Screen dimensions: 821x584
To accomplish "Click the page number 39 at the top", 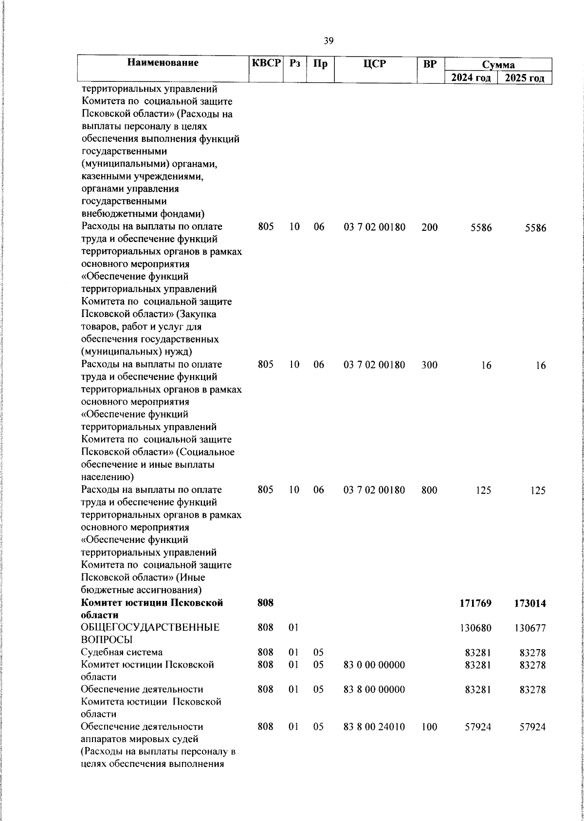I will (x=328, y=41).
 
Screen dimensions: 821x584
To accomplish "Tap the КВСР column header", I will (x=266, y=63).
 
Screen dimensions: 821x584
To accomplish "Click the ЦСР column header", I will (x=374, y=64).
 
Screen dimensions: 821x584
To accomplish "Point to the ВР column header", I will (x=430, y=64).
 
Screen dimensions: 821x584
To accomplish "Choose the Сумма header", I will (x=498, y=65).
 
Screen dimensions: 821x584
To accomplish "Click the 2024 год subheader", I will (x=471, y=78).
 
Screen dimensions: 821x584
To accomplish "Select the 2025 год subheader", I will (x=524, y=78).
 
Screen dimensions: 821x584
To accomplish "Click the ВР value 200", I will (x=429, y=227).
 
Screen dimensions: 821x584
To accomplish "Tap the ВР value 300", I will (x=429, y=365).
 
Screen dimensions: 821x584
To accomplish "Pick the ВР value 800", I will (x=429, y=490).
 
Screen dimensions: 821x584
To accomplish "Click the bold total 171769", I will (x=475, y=603).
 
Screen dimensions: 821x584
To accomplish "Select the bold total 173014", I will (x=529, y=603).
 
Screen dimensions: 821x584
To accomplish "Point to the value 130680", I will (x=476, y=628).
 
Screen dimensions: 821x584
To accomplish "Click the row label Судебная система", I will (x=122, y=652).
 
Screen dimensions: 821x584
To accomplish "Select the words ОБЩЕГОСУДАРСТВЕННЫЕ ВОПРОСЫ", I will (x=150, y=634).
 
